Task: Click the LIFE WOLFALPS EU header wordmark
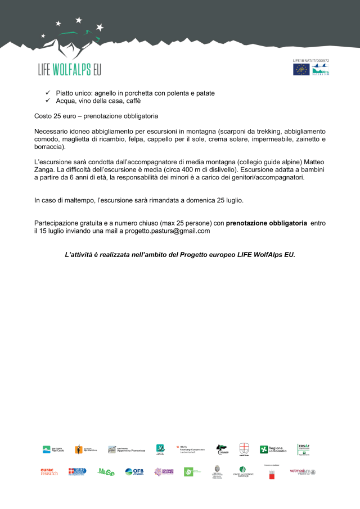point(69,69)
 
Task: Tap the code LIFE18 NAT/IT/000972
point(311,60)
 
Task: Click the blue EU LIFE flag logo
point(301,69)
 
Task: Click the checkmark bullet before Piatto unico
point(48,93)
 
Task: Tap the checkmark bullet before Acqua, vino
point(48,101)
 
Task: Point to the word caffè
point(132,101)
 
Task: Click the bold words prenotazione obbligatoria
point(267,223)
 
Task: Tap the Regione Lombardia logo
point(273,449)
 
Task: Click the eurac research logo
point(49,471)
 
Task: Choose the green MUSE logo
point(106,472)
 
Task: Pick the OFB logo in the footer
point(134,471)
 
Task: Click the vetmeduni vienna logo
point(302,472)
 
